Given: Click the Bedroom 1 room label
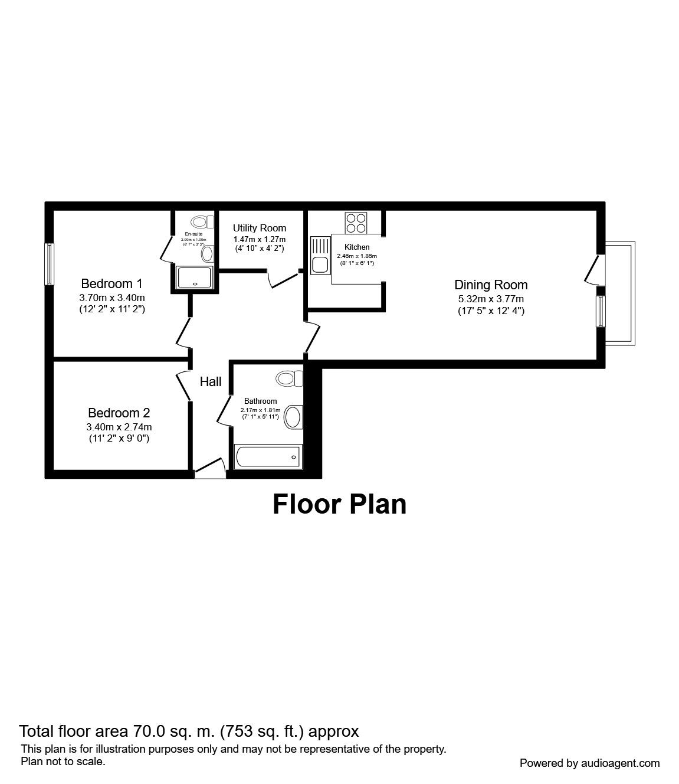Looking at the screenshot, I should tap(111, 283).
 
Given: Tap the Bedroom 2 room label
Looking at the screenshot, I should tap(119, 413).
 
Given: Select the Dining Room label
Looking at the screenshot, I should tap(490, 285).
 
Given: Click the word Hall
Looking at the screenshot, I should tap(211, 382).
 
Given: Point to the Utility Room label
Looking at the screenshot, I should tap(259, 228).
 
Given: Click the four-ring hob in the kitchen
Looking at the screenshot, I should tap(356, 223).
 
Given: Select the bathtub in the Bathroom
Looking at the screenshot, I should tap(268, 456).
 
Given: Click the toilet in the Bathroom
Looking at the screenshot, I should tap(289, 378).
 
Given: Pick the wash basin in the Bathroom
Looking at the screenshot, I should tap(293, 417).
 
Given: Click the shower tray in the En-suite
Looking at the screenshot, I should tap(194, 277).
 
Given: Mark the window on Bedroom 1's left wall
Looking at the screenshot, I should tap(50, 264).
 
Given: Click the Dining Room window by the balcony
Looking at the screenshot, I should tap(600, 311).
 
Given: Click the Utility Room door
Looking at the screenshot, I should tap(283, 279).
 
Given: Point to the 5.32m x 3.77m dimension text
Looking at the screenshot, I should tap(490, 299).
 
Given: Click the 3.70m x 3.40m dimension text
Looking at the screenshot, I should tap(111, 298).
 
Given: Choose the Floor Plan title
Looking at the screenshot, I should tap(339, 505).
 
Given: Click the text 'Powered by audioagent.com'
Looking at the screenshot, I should tap(589, 763).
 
